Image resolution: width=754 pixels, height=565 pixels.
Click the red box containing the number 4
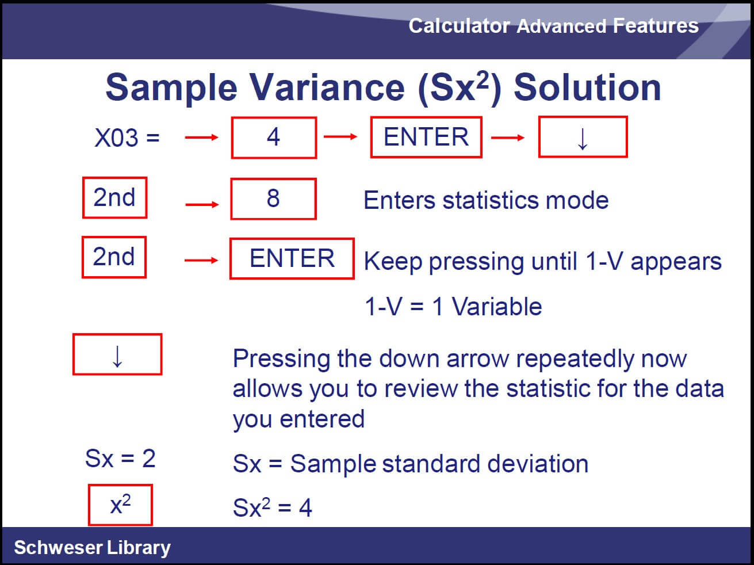click(274, 138)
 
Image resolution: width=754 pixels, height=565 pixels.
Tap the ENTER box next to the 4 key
click(426, 137)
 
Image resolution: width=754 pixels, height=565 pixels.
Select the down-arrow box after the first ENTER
click(583, 137)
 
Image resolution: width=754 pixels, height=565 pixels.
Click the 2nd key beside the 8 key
click(114, 197)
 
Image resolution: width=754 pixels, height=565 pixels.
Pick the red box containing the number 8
click(273, 198)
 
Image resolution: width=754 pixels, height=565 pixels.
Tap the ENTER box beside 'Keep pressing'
click(292, 258)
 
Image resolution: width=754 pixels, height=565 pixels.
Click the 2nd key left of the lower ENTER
click(114, 257)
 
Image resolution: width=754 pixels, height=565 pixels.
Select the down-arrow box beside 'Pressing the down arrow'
click(117, 354)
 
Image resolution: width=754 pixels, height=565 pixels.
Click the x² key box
click(120, 505)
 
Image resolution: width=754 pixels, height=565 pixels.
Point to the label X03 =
click(127, 138)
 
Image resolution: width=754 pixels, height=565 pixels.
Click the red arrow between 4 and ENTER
click(340, 137)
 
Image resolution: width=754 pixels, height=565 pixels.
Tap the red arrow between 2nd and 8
click(202, 204)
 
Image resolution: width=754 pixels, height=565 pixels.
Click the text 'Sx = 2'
click(120, 458)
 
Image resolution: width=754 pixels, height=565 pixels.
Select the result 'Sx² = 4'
click(273, 506)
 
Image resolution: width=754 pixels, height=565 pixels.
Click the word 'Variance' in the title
click(327, 88)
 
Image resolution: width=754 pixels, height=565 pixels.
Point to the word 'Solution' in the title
click(587, 88)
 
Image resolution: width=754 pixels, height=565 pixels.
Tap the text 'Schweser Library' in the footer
click(92, 548)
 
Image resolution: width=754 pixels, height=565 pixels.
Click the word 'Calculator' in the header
click(460, 26)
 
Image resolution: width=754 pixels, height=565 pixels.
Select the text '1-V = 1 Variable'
click(453, 306)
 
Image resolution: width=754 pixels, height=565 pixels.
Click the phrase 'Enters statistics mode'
click(486, 200)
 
